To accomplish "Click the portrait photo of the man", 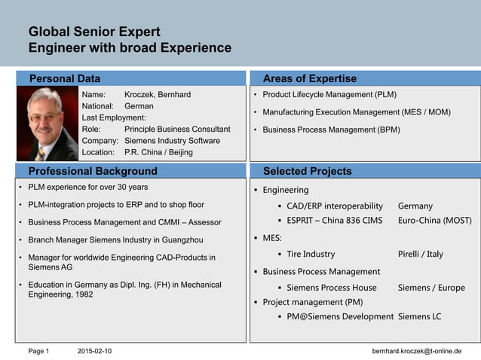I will (47, 124).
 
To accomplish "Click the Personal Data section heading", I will (64, 78).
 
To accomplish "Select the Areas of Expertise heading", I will (309, 78).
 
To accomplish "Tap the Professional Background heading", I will (93, 171).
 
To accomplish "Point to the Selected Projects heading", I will (307, 171).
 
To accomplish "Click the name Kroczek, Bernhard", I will (157, 95).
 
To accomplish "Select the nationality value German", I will (139, 106).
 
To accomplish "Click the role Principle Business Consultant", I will (176, 129).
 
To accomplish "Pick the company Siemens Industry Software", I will (172, 140).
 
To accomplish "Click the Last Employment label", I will (113, 117).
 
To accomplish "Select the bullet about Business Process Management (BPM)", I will (331, 130).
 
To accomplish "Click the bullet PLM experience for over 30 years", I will (87, 187).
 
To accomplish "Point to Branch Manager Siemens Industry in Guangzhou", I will (115, 239).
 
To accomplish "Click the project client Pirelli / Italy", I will (421, 254).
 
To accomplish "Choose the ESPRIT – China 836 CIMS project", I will (335, 221).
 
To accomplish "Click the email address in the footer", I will (416, 351).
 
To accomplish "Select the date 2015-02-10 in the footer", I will (94, 351).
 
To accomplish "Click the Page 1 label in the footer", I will (38, 351).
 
